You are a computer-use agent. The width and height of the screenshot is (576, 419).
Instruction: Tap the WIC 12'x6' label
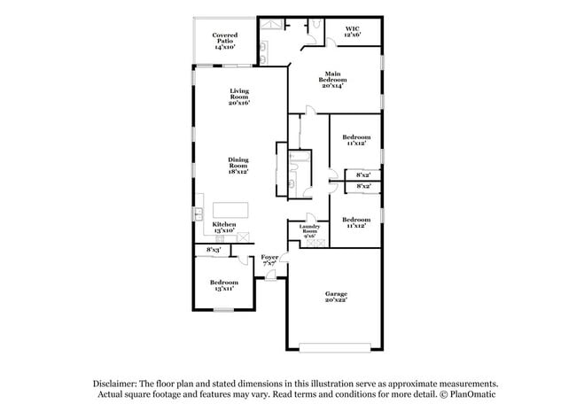pyautogui.click(x=353, y=32)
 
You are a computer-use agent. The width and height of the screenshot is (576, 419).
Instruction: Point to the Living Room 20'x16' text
pyautogui.click(x=239, y=97)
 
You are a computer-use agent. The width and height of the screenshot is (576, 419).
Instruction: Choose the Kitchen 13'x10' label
pyautogui.click(x=223, y=229)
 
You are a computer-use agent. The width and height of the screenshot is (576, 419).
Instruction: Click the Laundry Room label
pyautogui.click(x=311, y=231)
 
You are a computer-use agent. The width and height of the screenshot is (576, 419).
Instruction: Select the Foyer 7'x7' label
pyautogui.click(x=269, y=260)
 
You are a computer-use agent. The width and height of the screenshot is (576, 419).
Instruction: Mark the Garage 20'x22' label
pyautogui.click(x=335, y=297)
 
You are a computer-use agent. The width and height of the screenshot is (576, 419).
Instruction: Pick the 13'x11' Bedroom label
pyautogui.click(x=224, y=285)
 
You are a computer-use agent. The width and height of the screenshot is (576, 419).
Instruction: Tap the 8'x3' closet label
pyautogui.click(x=213, y=251)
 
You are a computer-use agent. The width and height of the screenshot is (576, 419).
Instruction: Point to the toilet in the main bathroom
pyautogui.click(x=314, y=27)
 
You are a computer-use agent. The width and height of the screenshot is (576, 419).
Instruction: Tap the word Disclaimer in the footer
pyautogui.click(x=121, y=384)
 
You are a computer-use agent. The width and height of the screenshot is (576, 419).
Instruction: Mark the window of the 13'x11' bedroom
pyautogui.click(x=224, y=309)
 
